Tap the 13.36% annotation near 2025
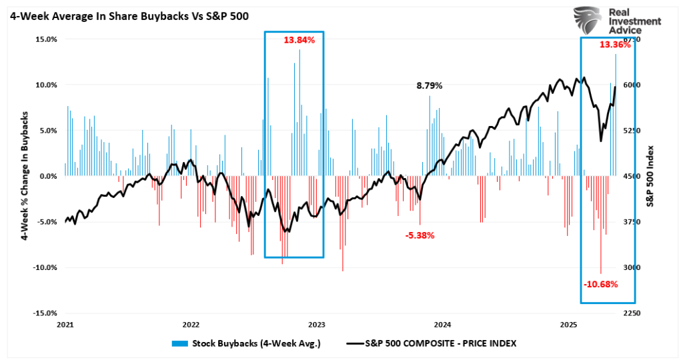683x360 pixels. point(614,45)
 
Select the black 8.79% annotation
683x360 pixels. point(430,85)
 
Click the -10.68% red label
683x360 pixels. point(600,284)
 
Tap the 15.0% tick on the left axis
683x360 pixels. point(45,39)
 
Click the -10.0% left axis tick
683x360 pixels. point(44,267)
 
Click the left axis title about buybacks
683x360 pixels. point(25,176)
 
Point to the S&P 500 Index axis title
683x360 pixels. point(669,176)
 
